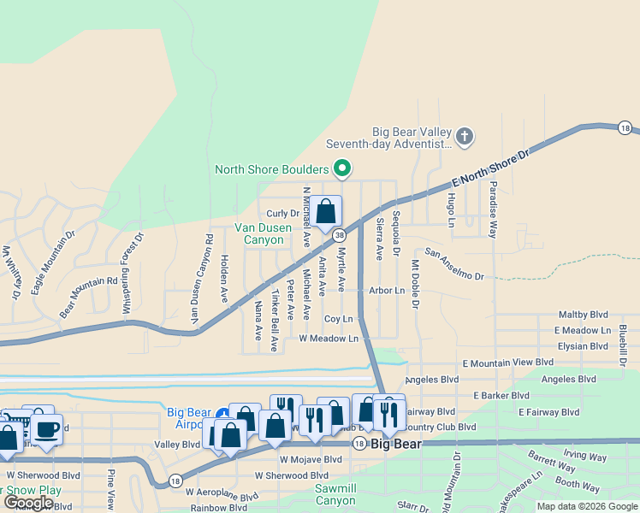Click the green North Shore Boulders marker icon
tap(342, 168)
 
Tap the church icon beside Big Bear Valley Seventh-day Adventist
tap(465, 136)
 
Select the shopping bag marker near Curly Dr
tap(326, 211)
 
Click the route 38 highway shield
tap(340, 234)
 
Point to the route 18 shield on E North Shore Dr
tap(625, 128)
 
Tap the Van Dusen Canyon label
tap(259, 233)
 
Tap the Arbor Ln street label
tap(387, 291)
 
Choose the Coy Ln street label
tap(339, 318)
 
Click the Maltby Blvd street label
tap(582, 315)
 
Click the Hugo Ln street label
tap(450, 209)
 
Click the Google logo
tap(28, 503)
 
